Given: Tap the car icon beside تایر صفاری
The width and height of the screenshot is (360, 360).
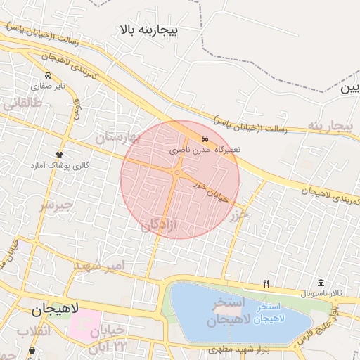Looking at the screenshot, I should coord(47,76).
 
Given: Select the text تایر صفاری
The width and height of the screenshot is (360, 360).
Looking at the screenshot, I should coord(52,86).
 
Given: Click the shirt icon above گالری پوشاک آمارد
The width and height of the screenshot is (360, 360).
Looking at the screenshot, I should coord(58,155).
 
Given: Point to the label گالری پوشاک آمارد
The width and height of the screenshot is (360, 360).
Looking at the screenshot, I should coord(57,165).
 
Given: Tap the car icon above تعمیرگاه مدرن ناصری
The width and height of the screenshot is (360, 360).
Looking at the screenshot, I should coord(204,139).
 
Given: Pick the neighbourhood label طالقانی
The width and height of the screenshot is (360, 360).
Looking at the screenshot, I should coord(23,103).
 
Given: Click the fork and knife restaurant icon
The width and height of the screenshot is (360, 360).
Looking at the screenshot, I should coord(266,283).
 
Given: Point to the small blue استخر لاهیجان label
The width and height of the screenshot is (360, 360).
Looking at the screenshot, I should coord(271,313).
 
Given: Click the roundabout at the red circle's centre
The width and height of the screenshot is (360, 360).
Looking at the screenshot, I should coord(179,172).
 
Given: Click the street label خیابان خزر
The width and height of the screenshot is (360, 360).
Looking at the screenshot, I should coord(212,190).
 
